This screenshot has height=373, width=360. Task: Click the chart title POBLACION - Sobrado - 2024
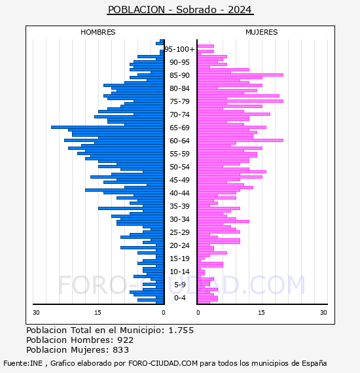click(180, 10)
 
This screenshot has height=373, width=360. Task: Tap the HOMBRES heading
click(98, 32)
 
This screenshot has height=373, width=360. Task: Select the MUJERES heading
click(262, 32)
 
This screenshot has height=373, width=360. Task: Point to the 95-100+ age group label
click(179, 49)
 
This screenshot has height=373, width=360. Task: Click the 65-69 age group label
click(179, 128)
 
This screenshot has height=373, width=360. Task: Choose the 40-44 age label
click(179, 193)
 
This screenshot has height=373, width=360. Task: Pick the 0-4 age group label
click(179, 298)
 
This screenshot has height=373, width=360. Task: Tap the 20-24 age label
click(179, 245)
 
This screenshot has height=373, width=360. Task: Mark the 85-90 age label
click(179, 75)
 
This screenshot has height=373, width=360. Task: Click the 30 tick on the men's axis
click(36, 313)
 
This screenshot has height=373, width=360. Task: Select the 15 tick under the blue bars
click(98, 313)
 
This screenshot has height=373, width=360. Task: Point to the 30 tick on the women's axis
click(323, 313)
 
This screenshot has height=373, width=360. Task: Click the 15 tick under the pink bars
click(261, 313)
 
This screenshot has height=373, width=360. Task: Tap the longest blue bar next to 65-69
click(107, 127)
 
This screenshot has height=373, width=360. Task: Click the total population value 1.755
click(181, 330)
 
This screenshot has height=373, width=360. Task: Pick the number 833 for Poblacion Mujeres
click(121, 350)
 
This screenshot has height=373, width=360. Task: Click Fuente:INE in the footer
click(23, 363)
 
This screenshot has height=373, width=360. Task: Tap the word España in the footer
click(314, 363)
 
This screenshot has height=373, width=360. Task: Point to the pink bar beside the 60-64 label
click(240, 140)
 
